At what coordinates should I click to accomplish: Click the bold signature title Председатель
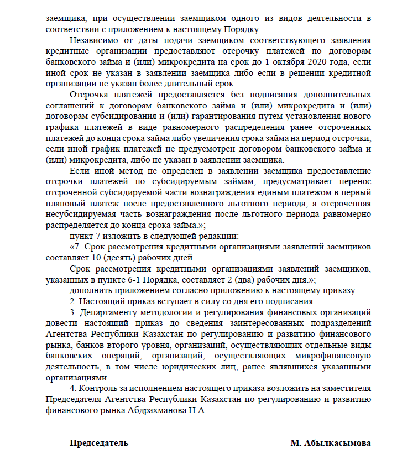point(99,443)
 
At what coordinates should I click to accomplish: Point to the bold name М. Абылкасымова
point(330,443)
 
